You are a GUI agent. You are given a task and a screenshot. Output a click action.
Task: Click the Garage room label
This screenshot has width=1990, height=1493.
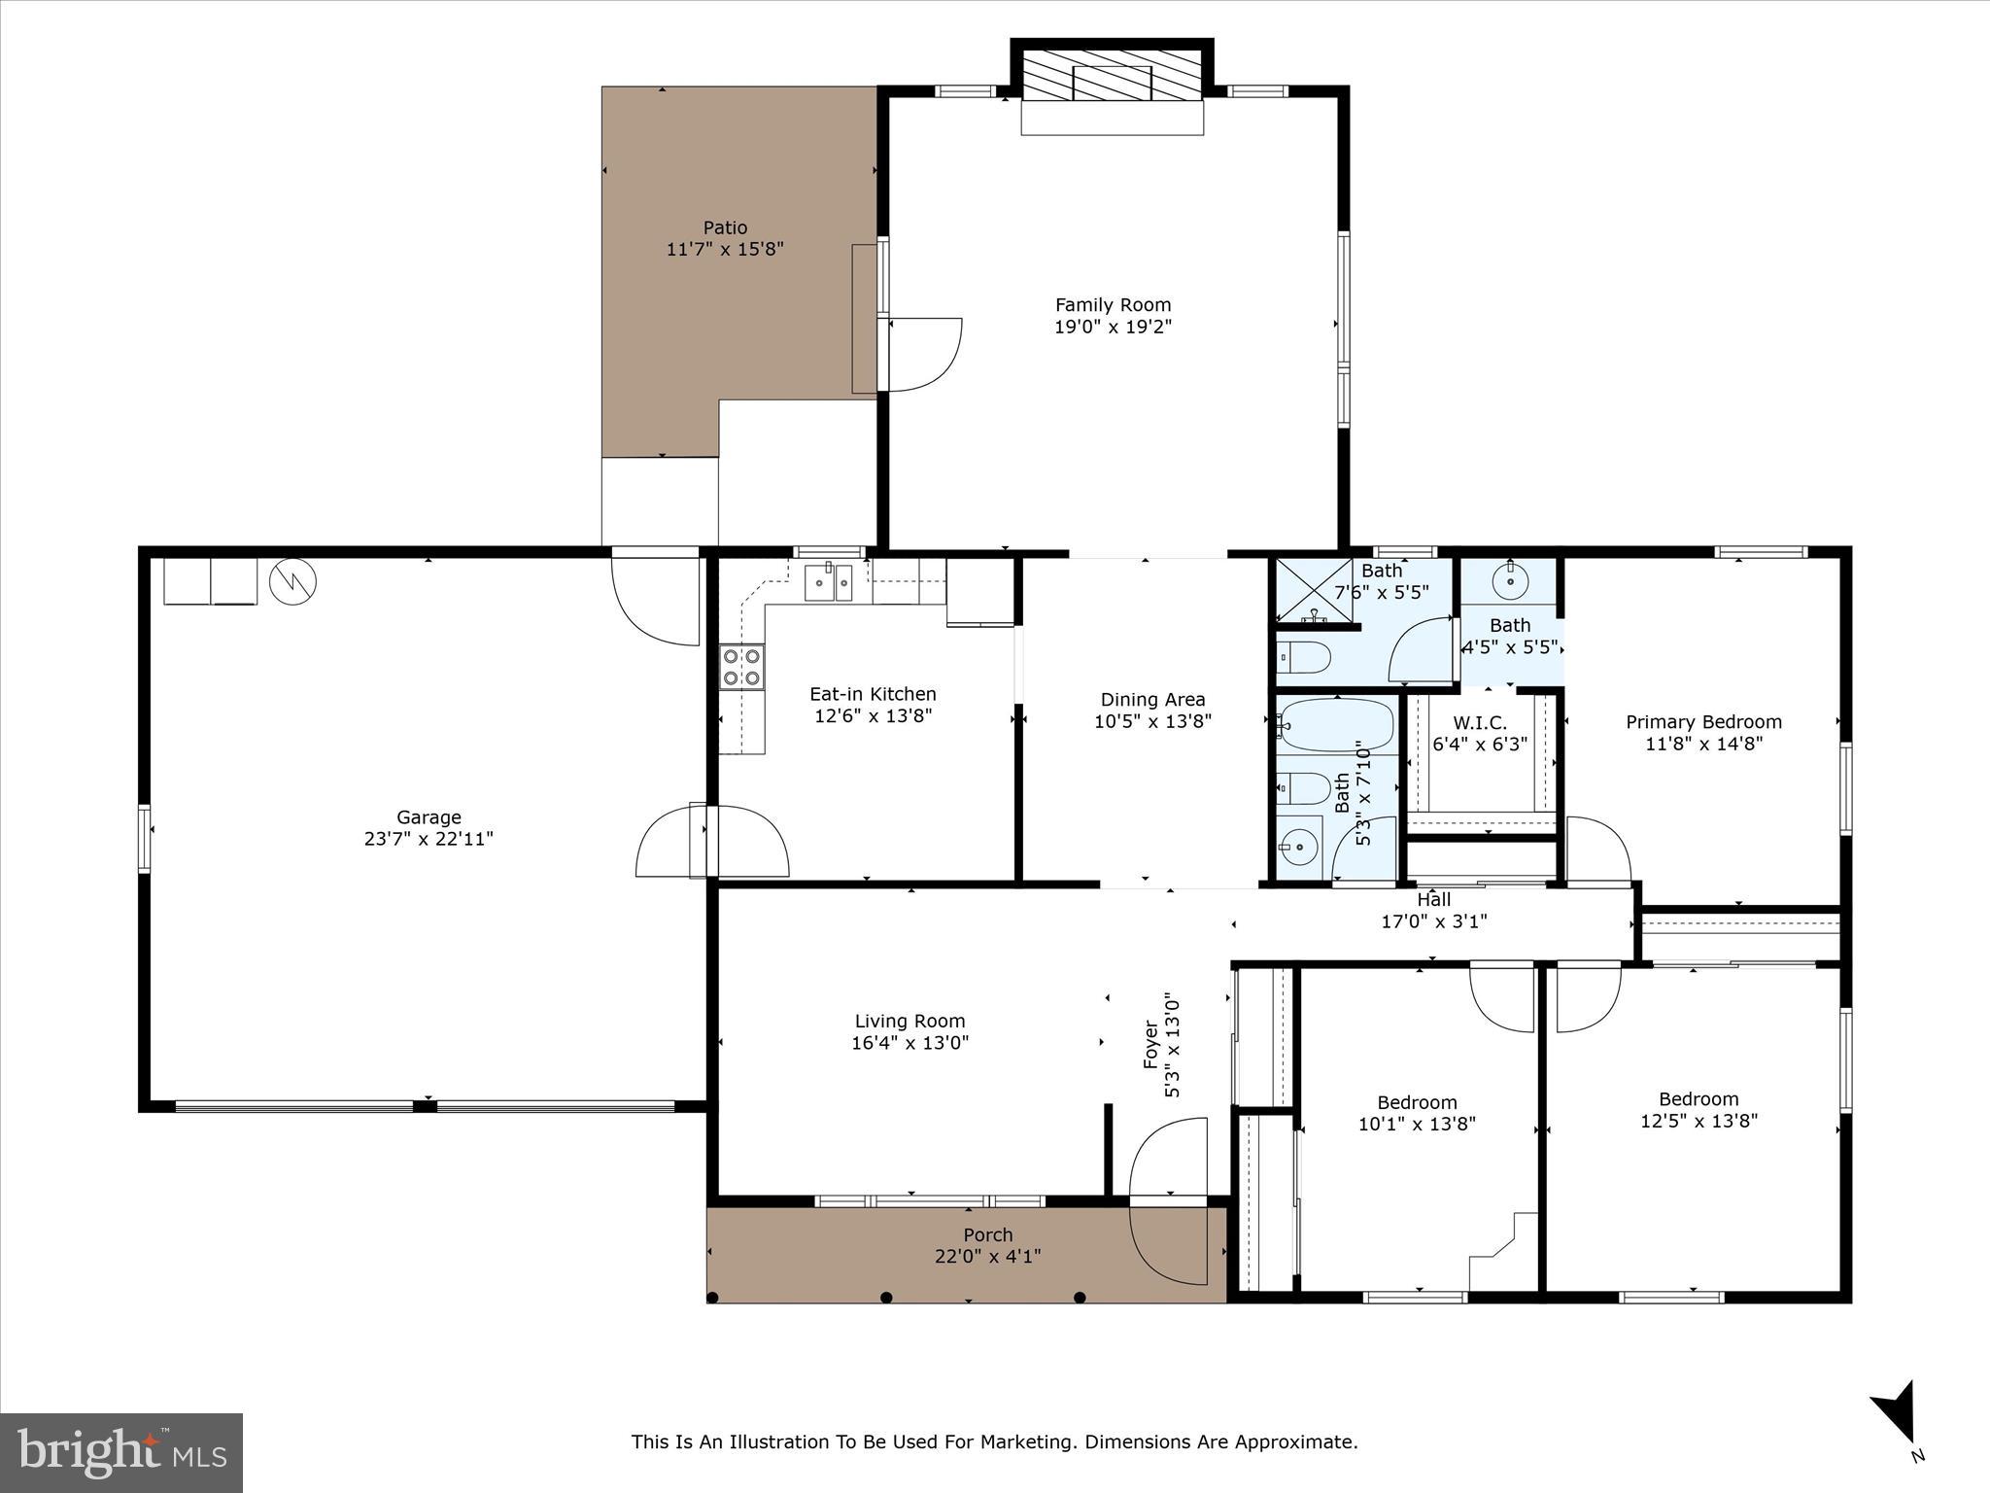pyautogui.click(x=429, y=817)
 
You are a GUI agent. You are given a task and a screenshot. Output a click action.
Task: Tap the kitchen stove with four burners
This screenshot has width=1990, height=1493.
pyautogui.click(x=740, y=667)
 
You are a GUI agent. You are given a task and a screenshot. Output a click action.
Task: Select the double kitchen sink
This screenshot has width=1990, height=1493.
pyautogui.click(x=828, y=583)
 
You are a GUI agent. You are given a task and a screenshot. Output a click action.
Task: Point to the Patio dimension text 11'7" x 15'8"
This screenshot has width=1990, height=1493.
pyautogui.click(x=725, y=250)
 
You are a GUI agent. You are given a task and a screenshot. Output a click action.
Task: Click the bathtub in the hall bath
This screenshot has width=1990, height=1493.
pyautogui.click(x=1337, y=724)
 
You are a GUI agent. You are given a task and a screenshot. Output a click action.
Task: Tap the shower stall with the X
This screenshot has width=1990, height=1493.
pyautogui.click(x=1313, y=592)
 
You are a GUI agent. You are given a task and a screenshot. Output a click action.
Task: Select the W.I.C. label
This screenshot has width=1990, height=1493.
pyautogui.click(x=1480, y=723)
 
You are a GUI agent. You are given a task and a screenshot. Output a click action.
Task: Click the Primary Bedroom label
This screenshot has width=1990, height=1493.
pyautogui.click(x=1703, y=722)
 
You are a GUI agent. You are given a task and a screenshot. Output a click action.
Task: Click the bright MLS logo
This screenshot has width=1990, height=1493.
pyautogui.click(x=121, y=1452)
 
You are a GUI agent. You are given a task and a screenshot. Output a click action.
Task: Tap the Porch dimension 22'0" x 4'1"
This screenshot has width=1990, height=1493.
pyautogui.click(x=987, y=1257)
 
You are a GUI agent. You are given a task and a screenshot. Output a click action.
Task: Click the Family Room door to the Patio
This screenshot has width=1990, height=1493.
pyautogui.click(x=920, y=354)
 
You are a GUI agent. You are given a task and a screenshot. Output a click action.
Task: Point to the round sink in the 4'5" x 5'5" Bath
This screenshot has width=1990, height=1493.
pyautogui.click(x=1510, y=583)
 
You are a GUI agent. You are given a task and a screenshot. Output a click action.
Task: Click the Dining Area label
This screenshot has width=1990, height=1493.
pyautogui.click(x=1152, y=700)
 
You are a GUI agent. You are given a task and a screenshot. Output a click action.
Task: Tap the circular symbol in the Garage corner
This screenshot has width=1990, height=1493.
pyautogui.click(x=292, y=581)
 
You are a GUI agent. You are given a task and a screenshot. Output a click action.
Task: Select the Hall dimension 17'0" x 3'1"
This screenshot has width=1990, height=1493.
pyautogui.click(x=1433, y=921)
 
